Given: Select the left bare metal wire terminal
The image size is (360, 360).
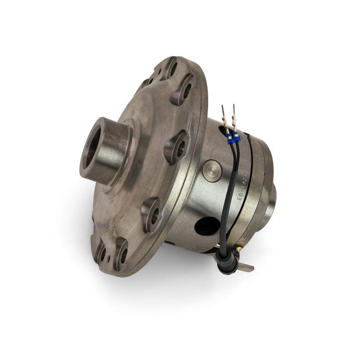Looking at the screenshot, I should click(224, 116).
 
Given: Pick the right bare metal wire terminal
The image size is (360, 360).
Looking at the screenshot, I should click(234, 115).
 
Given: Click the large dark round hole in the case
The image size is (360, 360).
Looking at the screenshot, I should click(207, 226).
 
